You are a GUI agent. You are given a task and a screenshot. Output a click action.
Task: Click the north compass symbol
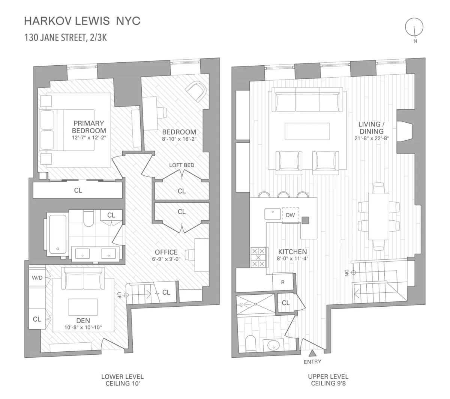tap(414, 27)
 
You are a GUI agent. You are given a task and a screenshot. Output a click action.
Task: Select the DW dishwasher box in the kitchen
tap(290, 215)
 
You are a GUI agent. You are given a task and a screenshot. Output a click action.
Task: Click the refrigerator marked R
tap(283, 282)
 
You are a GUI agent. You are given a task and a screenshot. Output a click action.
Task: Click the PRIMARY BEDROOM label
tap(88, 127)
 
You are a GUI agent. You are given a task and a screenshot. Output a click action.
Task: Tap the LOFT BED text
tap(181, 165)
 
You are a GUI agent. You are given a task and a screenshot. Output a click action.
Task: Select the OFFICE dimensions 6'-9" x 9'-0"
tap(166, 259)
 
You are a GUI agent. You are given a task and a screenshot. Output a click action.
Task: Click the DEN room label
tap(83, 320)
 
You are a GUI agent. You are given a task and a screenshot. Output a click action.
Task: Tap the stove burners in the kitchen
tap(258, 257)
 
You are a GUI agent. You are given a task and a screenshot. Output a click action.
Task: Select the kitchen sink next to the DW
tap(273, 214)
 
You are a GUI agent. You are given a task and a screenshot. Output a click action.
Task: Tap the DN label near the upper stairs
tap(346, 273)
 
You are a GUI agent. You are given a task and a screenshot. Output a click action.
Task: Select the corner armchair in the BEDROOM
tap(196, 91)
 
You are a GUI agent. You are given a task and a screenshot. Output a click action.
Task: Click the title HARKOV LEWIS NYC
tap(82, 21)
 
